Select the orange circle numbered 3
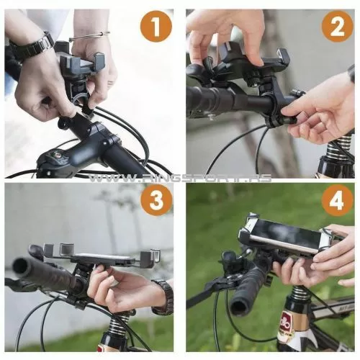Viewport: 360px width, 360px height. click(156, 200)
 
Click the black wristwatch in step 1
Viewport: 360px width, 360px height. click(30, 47)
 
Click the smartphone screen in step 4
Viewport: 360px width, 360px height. click(282, 235)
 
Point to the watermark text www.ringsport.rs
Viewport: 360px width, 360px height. click(180, 178)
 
